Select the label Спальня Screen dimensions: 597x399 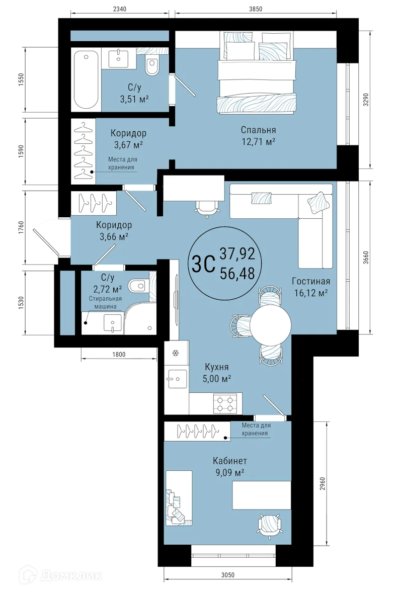pyautogui.click(x=258, y=130)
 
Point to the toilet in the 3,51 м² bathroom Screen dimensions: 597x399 pyautogui.click(x=152, y=65)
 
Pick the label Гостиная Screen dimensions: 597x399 pyautogui.click(x=311, y=281)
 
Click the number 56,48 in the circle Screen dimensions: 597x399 pyautogui.click(x=237, y=273)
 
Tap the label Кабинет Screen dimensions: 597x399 pyautogui.click(x=229, y=461)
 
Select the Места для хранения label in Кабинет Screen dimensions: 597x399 pyautogui.click(x=256, y=430)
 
